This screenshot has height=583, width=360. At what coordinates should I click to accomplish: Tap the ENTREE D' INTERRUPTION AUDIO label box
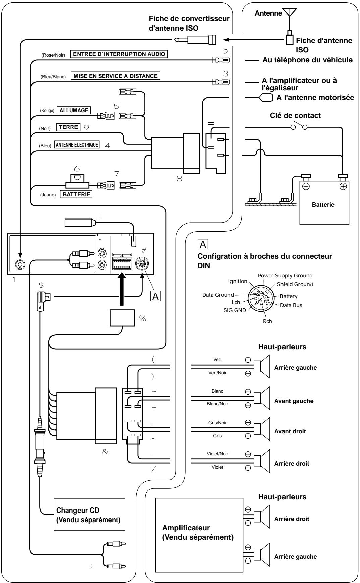[x=119, y=54]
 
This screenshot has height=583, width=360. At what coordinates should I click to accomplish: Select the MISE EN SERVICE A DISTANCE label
[x=115, y=76]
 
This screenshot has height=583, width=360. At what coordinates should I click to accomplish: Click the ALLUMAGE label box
[x=73, y=110]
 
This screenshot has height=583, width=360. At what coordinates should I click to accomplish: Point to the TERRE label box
[x=68, y=127]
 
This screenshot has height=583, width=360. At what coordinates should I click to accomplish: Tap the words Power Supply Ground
[x=285, y=276]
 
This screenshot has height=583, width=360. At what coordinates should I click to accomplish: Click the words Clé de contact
[x=295, y=116]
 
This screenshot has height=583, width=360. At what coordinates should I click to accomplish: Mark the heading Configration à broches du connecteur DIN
[x=265, y=260]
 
